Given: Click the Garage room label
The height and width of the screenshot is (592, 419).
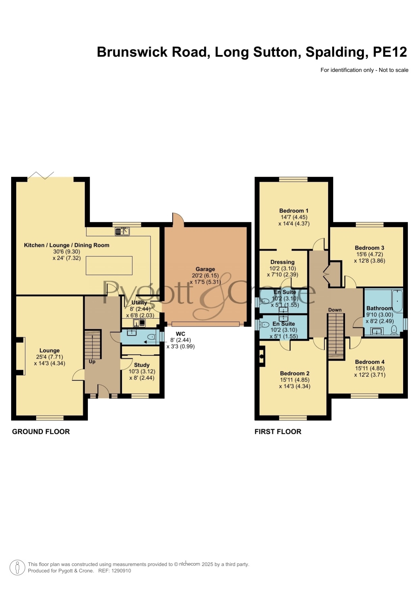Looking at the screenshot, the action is [205, 269].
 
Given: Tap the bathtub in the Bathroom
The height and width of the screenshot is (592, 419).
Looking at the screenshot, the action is [397, 301].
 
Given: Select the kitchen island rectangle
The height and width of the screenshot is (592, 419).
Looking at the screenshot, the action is [109, 265].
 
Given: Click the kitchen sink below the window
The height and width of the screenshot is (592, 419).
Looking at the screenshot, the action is [122, 231].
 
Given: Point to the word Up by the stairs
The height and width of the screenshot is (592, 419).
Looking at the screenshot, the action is [92, 362].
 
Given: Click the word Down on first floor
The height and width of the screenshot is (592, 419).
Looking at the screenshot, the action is [335, 310].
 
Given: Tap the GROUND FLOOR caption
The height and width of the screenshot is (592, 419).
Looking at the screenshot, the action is [41, 432].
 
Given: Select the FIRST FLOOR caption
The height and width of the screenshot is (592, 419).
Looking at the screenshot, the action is [278, 432].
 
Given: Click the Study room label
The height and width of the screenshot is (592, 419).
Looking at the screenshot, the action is [142, 365].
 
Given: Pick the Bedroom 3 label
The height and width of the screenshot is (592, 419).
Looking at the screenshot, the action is [369, 248].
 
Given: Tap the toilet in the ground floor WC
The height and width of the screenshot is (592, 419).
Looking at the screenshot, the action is [152, 337].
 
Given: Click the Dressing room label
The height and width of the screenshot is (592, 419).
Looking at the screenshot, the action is [283, 262].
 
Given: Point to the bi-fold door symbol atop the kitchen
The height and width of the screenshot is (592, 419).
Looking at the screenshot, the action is [41, 175].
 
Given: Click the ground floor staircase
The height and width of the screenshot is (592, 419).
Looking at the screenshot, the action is [93, 344].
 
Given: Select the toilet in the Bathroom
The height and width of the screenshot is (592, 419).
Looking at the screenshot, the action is [394, 330].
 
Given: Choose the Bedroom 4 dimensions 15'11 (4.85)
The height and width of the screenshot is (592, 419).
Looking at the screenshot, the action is [370, 368].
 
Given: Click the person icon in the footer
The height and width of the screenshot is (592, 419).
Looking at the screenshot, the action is [17, 567].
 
